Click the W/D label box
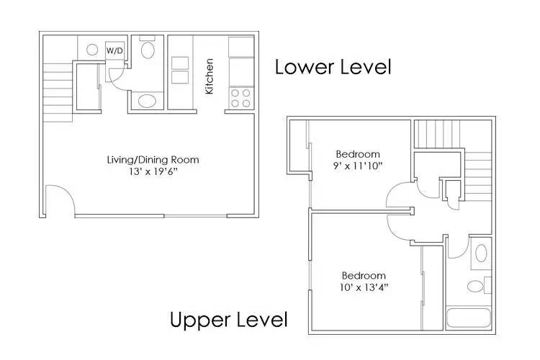114,51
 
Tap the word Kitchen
210,76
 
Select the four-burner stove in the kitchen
240,97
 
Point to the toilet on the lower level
148,50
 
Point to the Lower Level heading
333,68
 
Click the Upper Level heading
228,319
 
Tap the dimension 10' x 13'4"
363,287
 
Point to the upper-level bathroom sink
475,286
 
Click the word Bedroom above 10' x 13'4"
363,275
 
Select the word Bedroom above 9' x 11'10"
358,153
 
